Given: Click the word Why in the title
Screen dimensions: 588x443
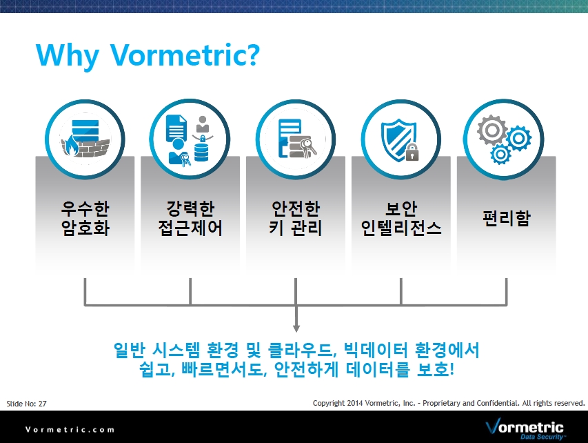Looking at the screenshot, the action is tap(68, 56).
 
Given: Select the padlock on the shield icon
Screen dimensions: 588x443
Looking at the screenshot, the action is tap(412, 152).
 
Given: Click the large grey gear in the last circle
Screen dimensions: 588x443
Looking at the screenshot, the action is tap(492, 130).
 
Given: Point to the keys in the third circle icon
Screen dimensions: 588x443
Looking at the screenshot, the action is tap(309, 147).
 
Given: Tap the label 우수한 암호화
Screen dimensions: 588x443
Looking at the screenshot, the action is tap(85, 218).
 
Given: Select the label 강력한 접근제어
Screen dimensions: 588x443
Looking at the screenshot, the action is tap(190, 218).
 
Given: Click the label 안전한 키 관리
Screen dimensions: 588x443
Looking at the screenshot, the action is tap(296, 218).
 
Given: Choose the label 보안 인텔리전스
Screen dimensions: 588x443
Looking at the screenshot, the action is tap(401, 218).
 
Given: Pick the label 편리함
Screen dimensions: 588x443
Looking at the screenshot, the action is tap(506, 218).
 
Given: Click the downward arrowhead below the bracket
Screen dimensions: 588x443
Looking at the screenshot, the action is tap(296, 328).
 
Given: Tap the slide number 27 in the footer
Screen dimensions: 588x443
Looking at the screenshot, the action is tap(42, 404).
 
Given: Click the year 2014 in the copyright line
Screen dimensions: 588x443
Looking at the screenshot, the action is tap(355, 403).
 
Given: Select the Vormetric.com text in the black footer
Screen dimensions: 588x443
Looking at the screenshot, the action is tap(70, 429).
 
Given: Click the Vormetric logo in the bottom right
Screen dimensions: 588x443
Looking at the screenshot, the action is tap(525, 429).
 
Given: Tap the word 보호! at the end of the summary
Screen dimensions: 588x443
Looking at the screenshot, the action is tap(436, 369).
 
